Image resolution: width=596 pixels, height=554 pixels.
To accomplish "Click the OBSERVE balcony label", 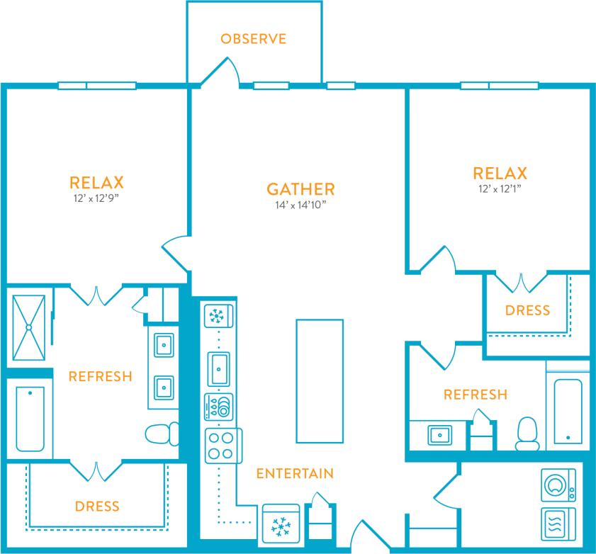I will pyautogui.click(x=253, y=38).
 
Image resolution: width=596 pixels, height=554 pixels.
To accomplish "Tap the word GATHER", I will pyautogui.click(x=300, y=189).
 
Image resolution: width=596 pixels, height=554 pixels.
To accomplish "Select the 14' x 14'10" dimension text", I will pyautogui.click(x=300, y=206).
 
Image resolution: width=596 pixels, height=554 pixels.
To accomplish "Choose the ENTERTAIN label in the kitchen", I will pyautogui.click(x=294, y=473).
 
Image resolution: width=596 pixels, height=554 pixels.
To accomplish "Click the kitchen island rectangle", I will pyautogui.click(x=320, y=380).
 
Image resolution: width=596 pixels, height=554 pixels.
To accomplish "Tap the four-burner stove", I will pyautogui.click(x=220, y=445).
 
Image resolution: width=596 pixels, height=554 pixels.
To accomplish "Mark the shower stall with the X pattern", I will pyautogui.click(x=28, y=327).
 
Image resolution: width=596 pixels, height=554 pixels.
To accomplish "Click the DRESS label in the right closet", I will pyautogui.click(x=527, y=310).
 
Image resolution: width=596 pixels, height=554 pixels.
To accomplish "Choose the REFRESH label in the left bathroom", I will pyautogui.click(x=100, y=376).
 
